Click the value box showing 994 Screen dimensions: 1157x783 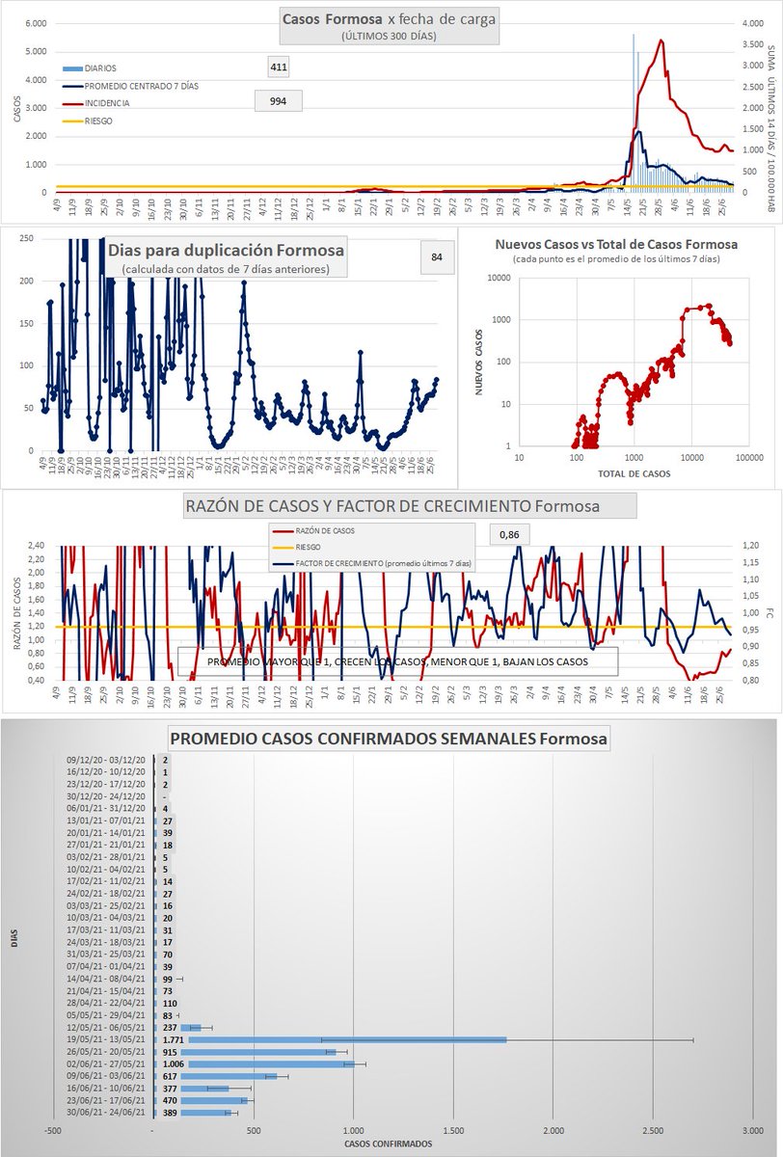pos(278,101)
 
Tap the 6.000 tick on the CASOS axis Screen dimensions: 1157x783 pos(35,23)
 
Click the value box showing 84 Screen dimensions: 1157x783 pos(437,256)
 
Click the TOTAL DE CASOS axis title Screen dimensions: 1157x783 pos(634,472)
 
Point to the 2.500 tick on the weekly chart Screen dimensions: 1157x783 pos(653,1129)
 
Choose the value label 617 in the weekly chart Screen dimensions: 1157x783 pos(171,1076)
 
